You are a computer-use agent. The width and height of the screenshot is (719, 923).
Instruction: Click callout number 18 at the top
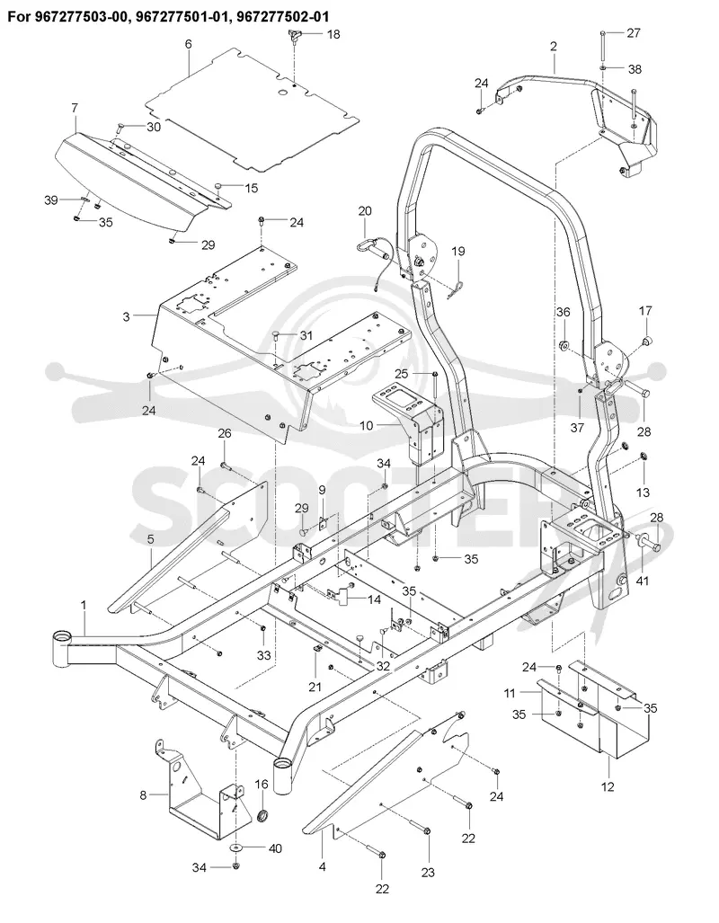(x=333, y=34)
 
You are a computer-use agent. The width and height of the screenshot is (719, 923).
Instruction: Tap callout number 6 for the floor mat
(x=189, y=45)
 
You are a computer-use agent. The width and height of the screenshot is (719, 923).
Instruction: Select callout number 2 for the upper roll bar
(x=554, y=46)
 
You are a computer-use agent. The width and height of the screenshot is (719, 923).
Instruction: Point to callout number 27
(x=634, y=32)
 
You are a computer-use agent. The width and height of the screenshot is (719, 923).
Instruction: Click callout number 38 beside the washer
(x=635, y=69)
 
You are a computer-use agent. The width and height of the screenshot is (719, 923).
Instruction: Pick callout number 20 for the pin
(x=365, y=211)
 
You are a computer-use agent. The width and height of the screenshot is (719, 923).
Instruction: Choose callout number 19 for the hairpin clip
(x=457, y=252)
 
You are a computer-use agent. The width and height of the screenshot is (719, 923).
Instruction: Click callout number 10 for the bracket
(x=367, y=424)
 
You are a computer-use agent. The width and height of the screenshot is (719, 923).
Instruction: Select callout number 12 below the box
(x=608, y=786)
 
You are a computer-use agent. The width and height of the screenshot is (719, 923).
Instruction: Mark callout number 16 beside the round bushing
(x=261, y=784)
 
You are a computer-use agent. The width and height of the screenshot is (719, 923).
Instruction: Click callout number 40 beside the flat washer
(x=275, y=848)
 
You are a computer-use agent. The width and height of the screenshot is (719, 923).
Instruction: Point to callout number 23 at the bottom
(x=428, y=872)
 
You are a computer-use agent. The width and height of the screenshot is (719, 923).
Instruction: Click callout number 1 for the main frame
(x=83, y=605)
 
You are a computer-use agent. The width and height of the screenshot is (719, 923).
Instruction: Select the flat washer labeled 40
(x=236, y=848)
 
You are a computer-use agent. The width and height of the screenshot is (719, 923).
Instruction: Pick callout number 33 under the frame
(x=263, y=654)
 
